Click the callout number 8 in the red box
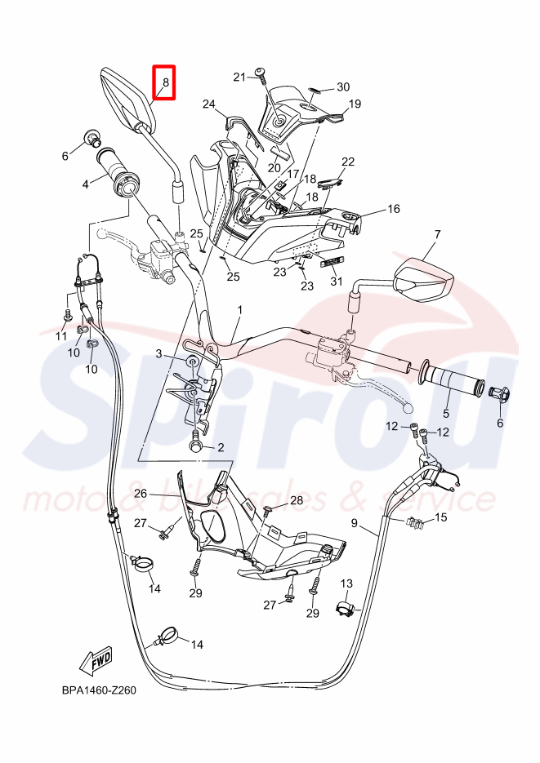(165, 82)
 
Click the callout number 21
(239, 77)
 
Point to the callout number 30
(343, 87)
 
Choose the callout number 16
(394, 209)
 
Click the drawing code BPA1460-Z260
(98, 690)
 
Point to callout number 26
(141, 493)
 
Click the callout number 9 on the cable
(355, 523)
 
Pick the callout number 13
(346, 583)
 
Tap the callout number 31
(336, 282)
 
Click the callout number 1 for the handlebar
(241, 310)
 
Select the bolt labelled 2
(197, 446)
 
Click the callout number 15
(440, 517)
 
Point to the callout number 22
(348, 162)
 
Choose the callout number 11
(60, 336)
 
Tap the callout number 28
(296, 499)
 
